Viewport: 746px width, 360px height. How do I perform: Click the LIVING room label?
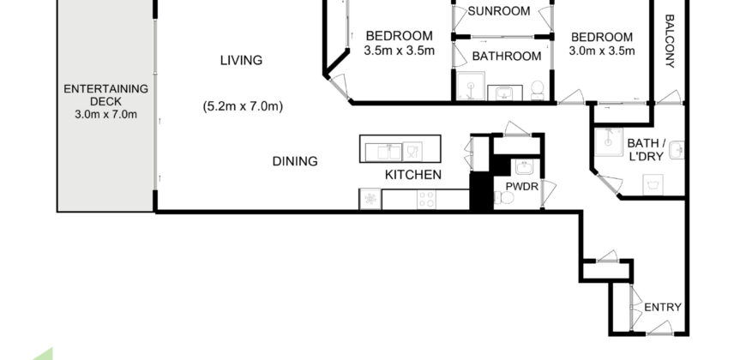(x=241, y=60)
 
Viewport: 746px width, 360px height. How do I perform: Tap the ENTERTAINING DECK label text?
(x=106, y=95)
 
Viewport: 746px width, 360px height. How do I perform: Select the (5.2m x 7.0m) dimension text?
(x=243, y=106)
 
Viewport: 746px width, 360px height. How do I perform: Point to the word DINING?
(x=295, y=160)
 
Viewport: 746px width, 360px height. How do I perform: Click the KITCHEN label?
(x=412, y=175)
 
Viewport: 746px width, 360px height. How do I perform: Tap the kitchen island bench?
(x=400, y=149)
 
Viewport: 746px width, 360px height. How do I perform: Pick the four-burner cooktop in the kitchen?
(x=425, y=200)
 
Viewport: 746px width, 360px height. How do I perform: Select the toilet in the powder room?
(x=506, y=200)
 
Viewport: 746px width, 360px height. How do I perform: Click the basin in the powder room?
(x=525, y=167)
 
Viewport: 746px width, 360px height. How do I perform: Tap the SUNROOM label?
(x=498, y=11)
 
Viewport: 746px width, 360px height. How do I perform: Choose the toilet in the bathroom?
(x=537, y=89)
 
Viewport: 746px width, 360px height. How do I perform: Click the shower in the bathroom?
(x=468, y=86)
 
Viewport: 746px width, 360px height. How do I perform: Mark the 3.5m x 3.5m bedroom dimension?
(x=400, y=51)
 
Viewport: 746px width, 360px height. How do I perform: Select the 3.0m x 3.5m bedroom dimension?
(x=602, y=51)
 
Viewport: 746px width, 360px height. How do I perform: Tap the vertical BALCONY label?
(x=670, y=41)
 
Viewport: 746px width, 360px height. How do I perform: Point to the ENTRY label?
(x=662, y=307)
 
